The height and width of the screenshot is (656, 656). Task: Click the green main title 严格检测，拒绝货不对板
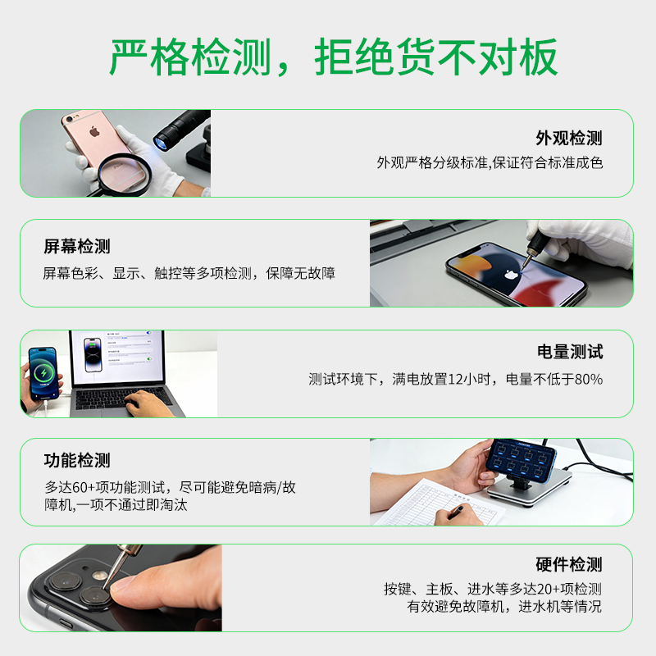[334, 57]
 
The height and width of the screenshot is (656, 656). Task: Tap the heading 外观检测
[568, 138]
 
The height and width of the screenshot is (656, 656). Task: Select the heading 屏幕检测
[77, 246]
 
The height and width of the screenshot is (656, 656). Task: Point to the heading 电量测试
[570, 352]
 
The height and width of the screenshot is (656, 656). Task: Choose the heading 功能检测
[77, 460]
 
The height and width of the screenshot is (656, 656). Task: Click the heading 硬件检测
[568, 564]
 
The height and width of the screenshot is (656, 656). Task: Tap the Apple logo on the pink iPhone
[93, 131]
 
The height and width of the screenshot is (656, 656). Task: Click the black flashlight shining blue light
[177, 127]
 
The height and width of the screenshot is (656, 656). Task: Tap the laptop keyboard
[123, 399]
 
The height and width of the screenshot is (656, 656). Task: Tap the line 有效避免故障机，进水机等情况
[504, 607]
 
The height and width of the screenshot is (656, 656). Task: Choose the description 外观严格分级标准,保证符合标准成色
[490, 162]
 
